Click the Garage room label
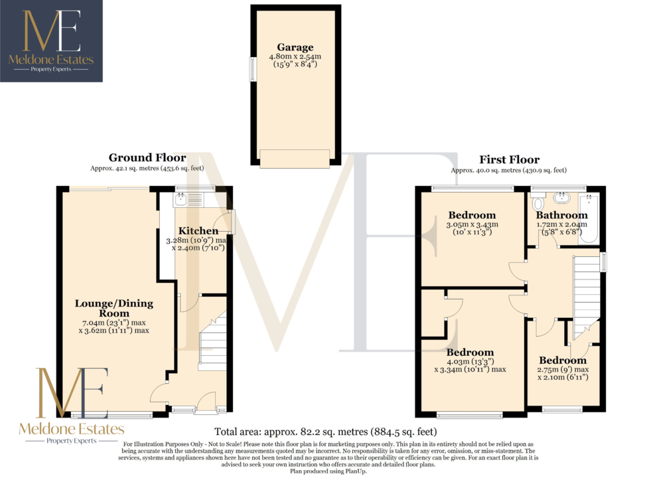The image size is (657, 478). [295, 47]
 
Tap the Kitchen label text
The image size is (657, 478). [198, 230]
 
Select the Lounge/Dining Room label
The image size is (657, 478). [114, 308]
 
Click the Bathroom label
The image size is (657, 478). [561, 215]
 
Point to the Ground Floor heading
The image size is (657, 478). [147, 157]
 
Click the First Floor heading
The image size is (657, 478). [509, 160]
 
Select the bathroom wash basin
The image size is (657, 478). [561, 197]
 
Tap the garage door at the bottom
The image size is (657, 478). [294, 159]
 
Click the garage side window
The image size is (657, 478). [253, 69]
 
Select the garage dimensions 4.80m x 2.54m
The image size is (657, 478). [295, 56]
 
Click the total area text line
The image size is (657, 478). [326, 432]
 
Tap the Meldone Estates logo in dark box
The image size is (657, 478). [51, 40]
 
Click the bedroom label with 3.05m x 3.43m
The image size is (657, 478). [473, 215]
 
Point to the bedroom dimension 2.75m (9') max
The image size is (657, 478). [563, 369]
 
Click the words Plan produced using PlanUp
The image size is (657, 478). [328, 471]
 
